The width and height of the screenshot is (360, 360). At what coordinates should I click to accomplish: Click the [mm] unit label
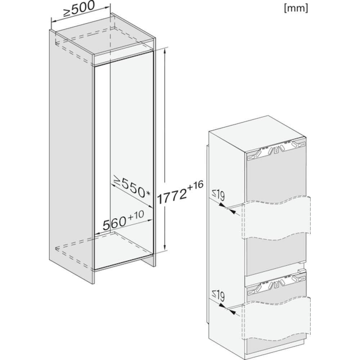pos(296,8)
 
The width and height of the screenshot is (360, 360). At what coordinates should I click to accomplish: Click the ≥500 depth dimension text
pos(79,9)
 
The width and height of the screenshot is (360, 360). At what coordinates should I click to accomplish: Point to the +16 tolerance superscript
pos(195,185)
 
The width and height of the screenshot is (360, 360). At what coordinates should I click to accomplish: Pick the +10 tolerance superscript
pos(136,215)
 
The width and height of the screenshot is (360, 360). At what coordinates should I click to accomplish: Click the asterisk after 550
pos(148,194)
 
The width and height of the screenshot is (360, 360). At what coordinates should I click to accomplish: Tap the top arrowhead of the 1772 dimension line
pos(165,51)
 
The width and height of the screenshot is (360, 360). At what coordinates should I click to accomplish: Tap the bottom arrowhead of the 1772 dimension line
pos(165,248)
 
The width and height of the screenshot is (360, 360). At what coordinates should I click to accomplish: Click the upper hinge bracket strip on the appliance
pos(276,150)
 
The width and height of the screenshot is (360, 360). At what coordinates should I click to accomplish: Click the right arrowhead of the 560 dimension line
pos(150,220)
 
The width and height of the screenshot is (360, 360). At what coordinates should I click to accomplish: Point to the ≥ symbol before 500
pos(67,13)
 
